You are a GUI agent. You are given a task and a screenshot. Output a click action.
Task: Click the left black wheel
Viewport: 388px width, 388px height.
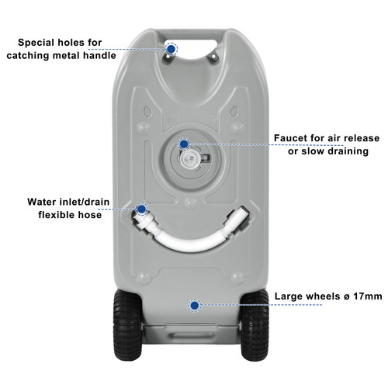(128, 325)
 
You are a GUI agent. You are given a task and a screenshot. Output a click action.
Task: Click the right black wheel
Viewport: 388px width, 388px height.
(255, 325)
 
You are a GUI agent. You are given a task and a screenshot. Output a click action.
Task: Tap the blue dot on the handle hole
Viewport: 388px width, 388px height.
(171, 48)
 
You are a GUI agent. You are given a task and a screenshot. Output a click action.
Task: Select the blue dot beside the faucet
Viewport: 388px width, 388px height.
(184, 144)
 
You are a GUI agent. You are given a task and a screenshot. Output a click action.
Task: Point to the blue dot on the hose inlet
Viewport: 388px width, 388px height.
(141, 209)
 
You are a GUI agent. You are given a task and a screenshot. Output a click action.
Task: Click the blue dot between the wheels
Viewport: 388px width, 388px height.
(195, 306)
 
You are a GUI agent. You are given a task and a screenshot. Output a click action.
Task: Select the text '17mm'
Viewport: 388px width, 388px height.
(368, 296)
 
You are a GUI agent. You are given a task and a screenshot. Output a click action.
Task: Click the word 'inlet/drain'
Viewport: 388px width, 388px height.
(85, 202)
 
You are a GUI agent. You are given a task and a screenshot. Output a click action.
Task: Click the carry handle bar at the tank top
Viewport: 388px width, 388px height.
(192, 34)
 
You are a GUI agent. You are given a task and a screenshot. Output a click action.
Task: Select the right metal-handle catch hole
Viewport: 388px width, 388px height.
(213, 56)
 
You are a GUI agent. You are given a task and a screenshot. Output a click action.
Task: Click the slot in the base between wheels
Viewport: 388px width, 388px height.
(191, 336)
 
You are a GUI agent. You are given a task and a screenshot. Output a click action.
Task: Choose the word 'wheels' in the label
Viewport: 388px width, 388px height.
(324, 296)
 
